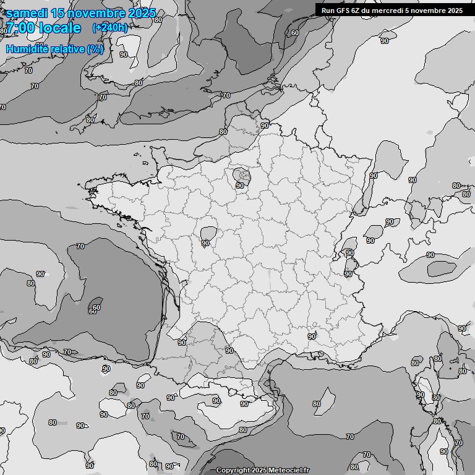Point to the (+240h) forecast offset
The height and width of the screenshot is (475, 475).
pyautogui.click(x=110, y=27)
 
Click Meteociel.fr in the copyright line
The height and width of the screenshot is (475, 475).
pyautogui.click(x=289, y=471)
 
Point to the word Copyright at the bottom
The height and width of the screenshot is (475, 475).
pyautogui.click(x=233, y=471)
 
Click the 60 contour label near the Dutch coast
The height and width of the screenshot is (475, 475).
pyautogui.click(x=295, y=33)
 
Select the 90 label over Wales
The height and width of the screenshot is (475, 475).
pyautogui.click(x=124, y=54)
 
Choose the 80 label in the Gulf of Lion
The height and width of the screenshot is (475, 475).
pyautogui.click(x=317, y=404)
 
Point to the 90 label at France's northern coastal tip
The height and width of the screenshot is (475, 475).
pyautogui.click(x=265, y=126)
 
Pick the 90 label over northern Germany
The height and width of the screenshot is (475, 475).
pyautogui.click(x=385, y=41)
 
